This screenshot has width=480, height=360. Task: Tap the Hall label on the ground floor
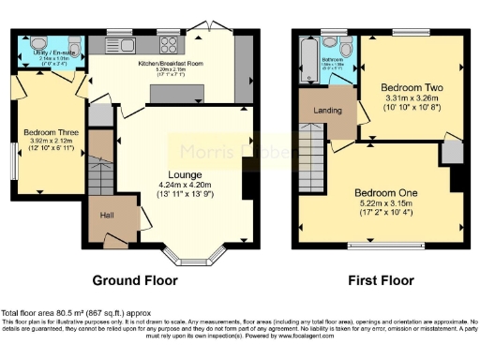coord(107,216)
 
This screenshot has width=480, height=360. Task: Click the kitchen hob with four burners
coord(170,42)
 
